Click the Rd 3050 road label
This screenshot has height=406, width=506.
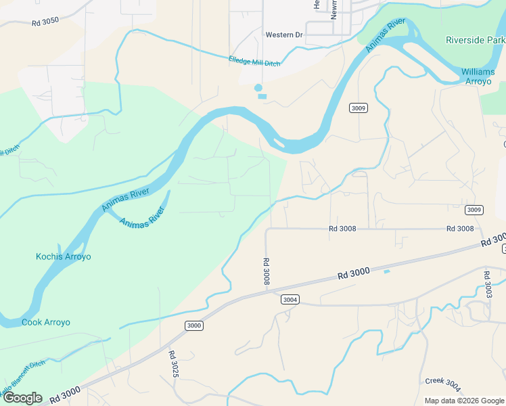tap(45, 22)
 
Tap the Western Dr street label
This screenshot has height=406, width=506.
tap(284, 35)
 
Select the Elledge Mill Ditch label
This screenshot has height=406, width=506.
tap(254, 62)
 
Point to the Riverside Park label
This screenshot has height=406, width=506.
tap(475, 40)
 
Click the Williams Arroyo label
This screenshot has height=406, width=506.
tap(478, 76)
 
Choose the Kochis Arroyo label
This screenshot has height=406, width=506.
tap(63, 256)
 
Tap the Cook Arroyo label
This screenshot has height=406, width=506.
tap(46, 322)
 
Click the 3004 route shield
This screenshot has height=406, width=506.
tap(290, 300)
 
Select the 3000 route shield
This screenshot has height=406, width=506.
tap(194, 325)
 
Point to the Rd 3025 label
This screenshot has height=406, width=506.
tap(174, 364)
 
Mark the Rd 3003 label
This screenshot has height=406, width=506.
tap(488, 285)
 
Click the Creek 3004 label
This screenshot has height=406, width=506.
tap(443, 385)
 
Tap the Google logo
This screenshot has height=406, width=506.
tap(22, 398)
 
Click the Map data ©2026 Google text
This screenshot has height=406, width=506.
tap(464, 401)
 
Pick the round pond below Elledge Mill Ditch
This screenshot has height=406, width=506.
tap(258, 87)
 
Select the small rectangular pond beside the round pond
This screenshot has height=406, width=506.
tap(262, 96)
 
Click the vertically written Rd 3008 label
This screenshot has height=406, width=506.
tap(267, 271)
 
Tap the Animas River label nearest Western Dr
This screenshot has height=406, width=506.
tap(386, 35)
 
